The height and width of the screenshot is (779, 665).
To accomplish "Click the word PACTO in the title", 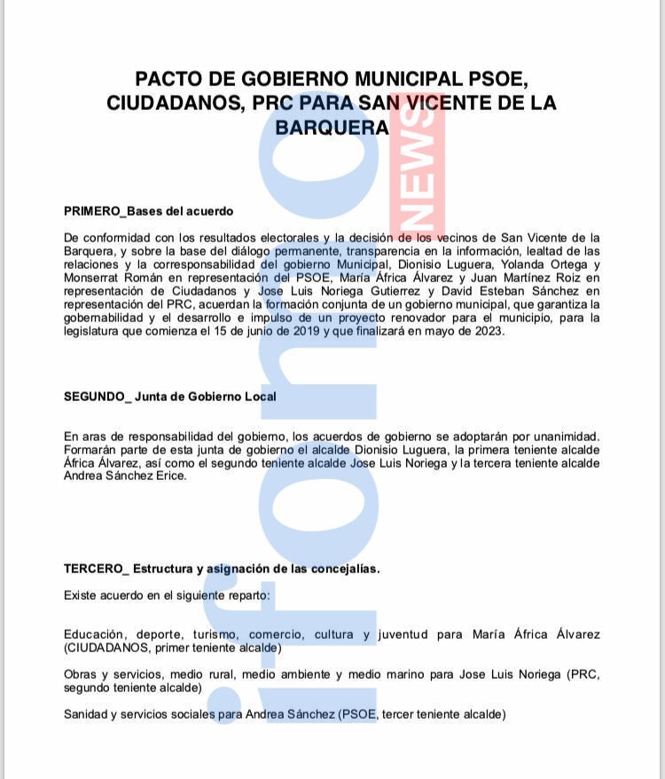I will pyautogui.click(x=174, y=78).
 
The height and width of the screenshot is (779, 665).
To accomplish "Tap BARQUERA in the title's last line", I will pyautogui.click(x=332, y=128).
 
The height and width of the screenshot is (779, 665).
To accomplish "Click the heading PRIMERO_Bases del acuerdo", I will pyautogui.click(x=148, y=211).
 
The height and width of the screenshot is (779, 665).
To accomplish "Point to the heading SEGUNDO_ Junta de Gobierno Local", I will pyautogui.click(x=169, y=397).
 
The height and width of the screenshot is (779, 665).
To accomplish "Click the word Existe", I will pyautogui.click(x=82, y=595).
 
